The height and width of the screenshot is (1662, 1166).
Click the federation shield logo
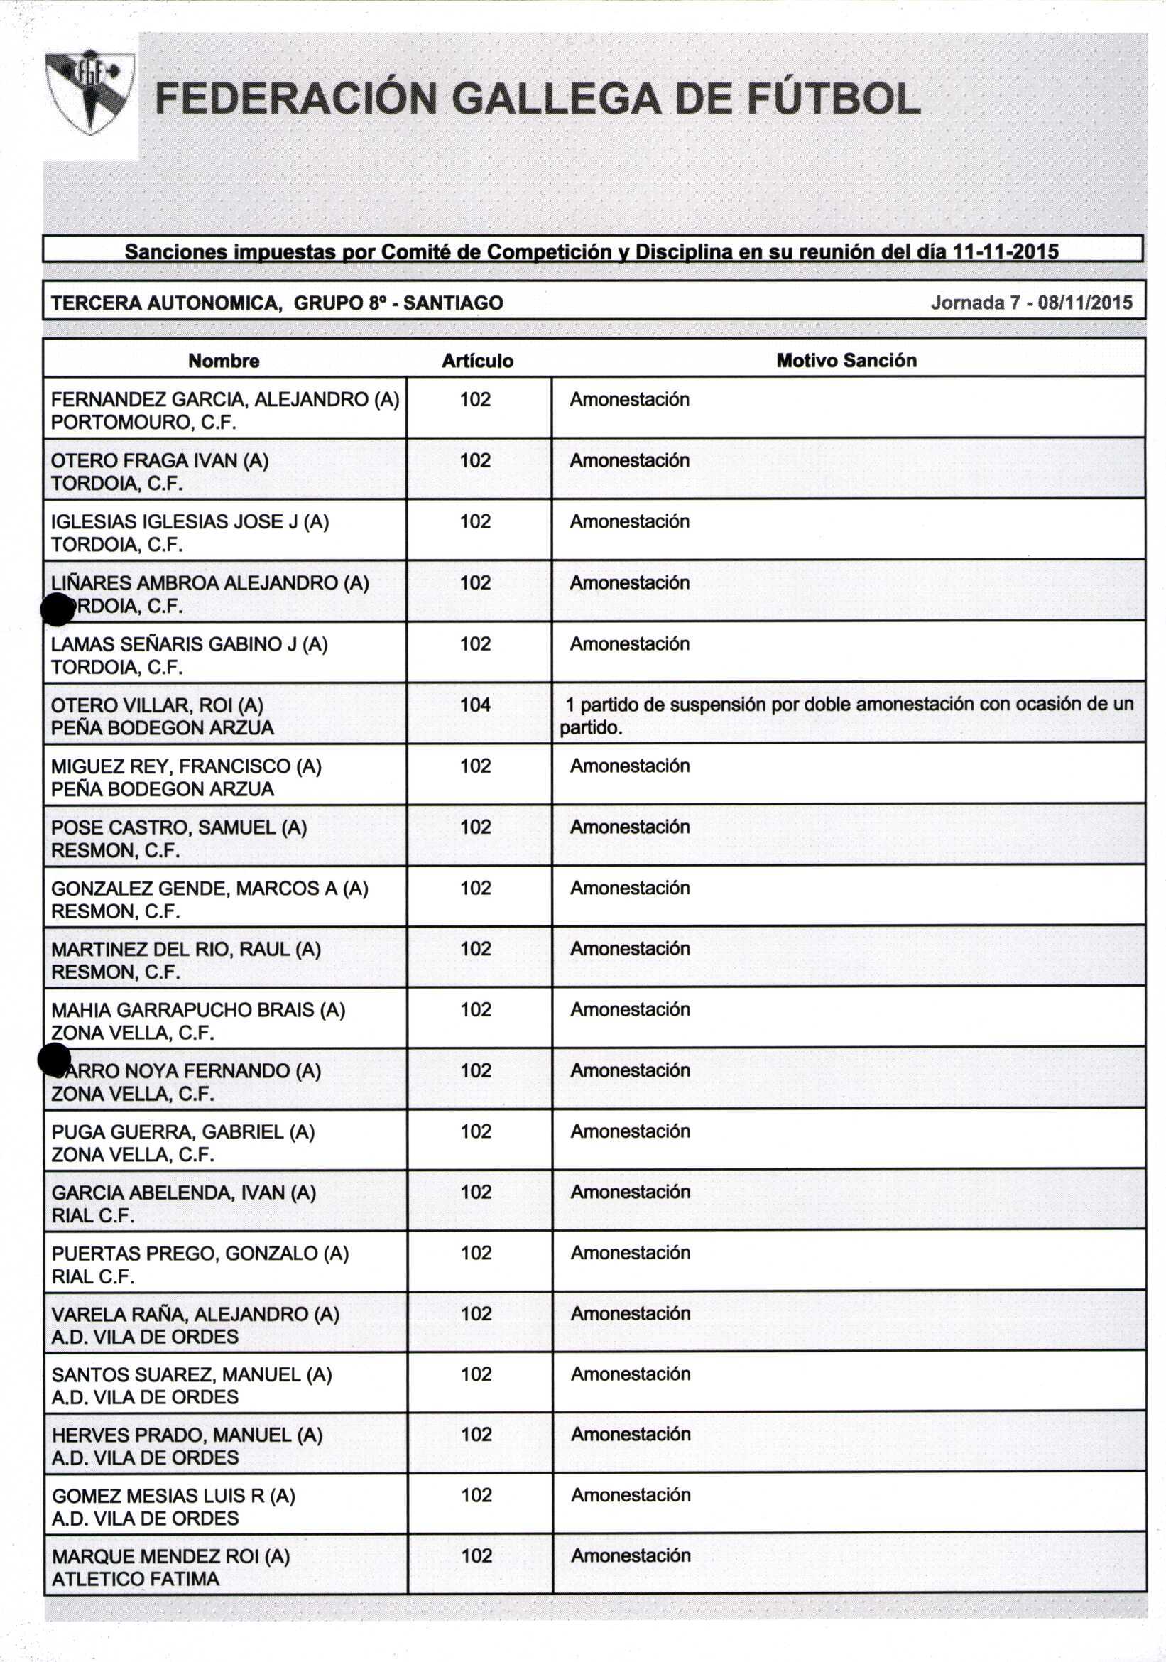89,92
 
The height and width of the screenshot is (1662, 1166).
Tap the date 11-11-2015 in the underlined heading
1006,252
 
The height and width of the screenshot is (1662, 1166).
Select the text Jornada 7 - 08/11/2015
1031,303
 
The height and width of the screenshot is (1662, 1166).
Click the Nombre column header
224,361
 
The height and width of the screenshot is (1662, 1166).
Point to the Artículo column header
478,361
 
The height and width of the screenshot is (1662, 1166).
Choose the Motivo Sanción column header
846,361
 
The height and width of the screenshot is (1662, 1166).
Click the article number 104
476,705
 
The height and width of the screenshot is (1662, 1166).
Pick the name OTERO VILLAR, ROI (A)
157,705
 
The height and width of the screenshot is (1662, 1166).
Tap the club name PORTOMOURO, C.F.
143,423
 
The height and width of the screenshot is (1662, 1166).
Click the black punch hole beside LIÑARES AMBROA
58,609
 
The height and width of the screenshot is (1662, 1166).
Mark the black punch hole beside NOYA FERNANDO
54,1060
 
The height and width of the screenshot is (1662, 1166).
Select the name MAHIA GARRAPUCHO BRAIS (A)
197,1010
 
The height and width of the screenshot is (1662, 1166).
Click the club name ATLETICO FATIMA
136,1579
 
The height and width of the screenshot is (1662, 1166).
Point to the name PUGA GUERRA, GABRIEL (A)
183,1131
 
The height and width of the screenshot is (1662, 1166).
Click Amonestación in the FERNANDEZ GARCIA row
629,400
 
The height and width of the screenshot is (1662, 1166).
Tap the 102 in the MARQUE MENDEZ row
476,1555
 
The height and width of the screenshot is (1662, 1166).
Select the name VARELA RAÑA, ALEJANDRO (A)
195,1314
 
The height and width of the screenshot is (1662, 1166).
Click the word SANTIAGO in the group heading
453,303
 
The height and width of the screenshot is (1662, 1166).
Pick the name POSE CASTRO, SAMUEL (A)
179,827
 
